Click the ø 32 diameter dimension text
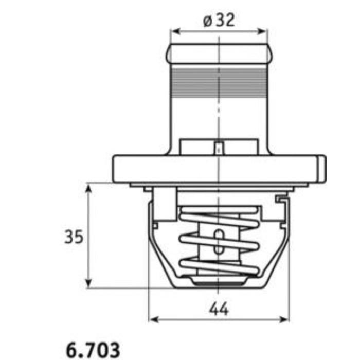click(x=219, y=20)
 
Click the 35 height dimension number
click(x=74, y=237)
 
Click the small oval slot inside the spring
click(x=220, y=242)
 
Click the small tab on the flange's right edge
click(x=321, y=168)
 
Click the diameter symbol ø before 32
click(x=207, y=21)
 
